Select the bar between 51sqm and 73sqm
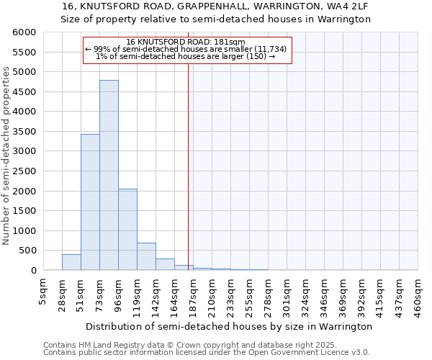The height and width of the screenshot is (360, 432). (90, 202)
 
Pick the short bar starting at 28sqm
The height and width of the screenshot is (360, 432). (71, 262)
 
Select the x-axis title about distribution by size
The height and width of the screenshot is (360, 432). (230, 326)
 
